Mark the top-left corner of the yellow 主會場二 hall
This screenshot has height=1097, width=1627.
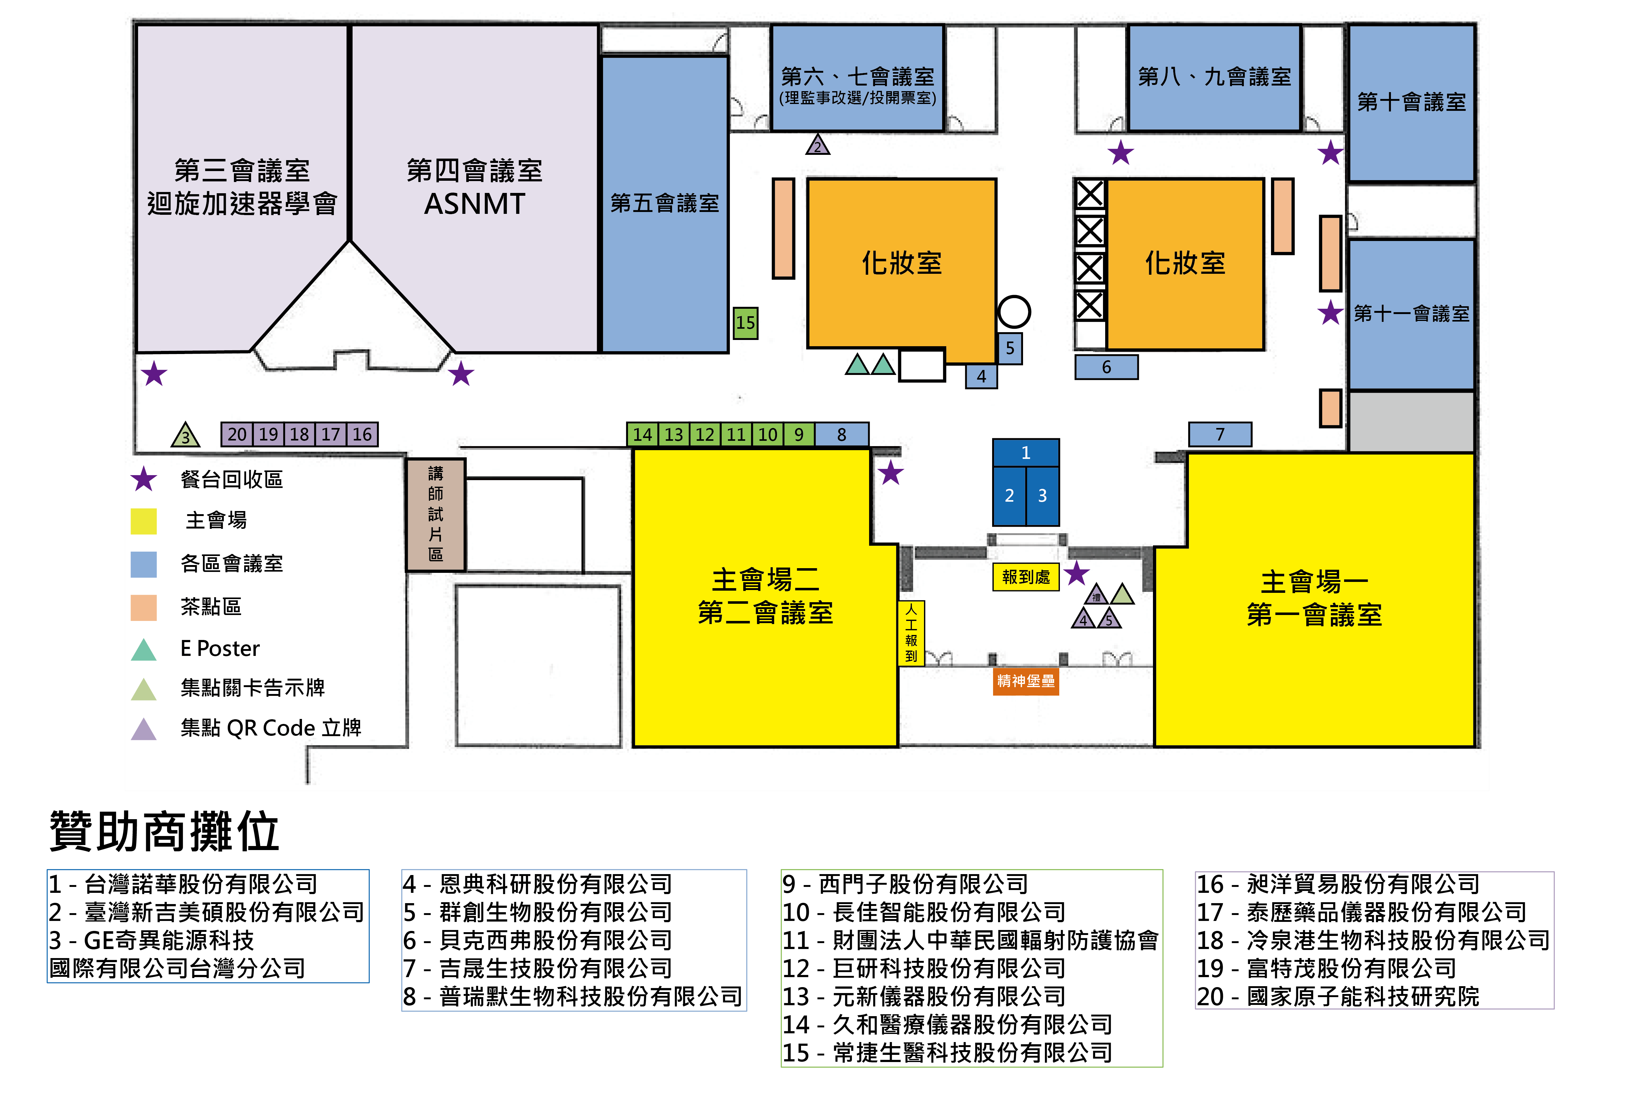633,450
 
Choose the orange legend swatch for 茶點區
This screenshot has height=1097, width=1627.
143,607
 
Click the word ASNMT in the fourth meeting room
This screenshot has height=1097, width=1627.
474,204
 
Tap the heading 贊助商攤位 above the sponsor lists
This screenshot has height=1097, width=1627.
165,831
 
